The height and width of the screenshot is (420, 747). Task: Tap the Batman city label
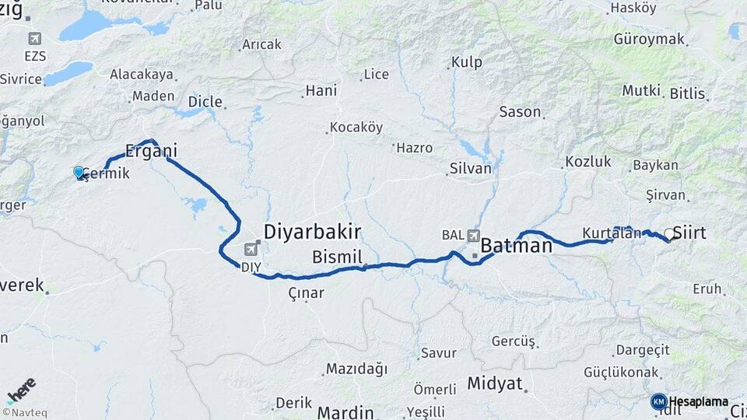516,246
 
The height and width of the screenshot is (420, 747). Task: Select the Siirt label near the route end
689,233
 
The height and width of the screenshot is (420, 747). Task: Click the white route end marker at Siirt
668,233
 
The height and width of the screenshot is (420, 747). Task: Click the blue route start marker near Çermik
79,172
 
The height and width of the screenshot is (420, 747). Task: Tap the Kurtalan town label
612,233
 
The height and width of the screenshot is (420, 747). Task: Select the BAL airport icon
474,235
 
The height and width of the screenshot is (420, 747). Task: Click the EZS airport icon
35,39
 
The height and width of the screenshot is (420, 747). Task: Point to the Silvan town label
470,168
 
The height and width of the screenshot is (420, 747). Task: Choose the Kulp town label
466,61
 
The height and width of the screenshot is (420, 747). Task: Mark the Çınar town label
306,292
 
